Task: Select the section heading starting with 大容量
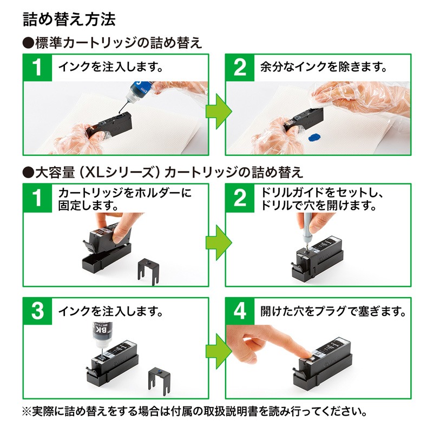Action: (x=162, y=173)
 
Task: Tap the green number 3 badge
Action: (x=37, y=311)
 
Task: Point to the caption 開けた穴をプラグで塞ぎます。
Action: (x=333, y=311)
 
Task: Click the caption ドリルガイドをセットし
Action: (x=314, y=193)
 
